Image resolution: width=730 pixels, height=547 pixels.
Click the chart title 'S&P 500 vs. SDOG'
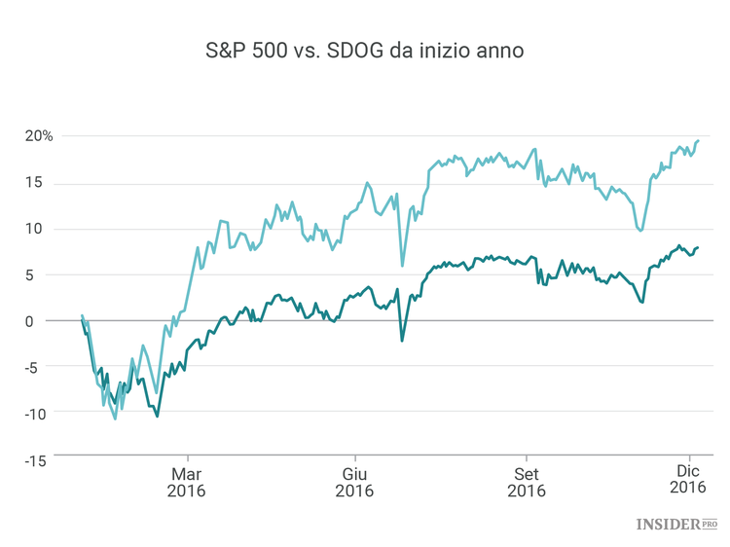[364, 51]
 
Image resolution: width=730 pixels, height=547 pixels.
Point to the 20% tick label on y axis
[40, 135]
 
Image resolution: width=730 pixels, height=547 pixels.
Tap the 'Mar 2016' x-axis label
[187, 482]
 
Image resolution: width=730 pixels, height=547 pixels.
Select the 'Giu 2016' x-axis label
[353, 482]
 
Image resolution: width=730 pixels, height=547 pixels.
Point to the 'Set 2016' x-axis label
[527, 482]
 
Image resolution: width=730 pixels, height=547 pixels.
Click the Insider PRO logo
[675, 525]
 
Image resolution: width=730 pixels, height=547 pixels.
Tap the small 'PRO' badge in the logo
[710, 524]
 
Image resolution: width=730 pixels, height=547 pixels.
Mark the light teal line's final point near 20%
[698, 141]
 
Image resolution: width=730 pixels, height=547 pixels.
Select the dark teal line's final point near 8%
[698, 248]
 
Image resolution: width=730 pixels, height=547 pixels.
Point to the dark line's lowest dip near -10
[157, 416]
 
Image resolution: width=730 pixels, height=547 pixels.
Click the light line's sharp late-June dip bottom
[402, 265]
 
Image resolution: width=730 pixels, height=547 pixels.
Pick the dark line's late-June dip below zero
[402, 341]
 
